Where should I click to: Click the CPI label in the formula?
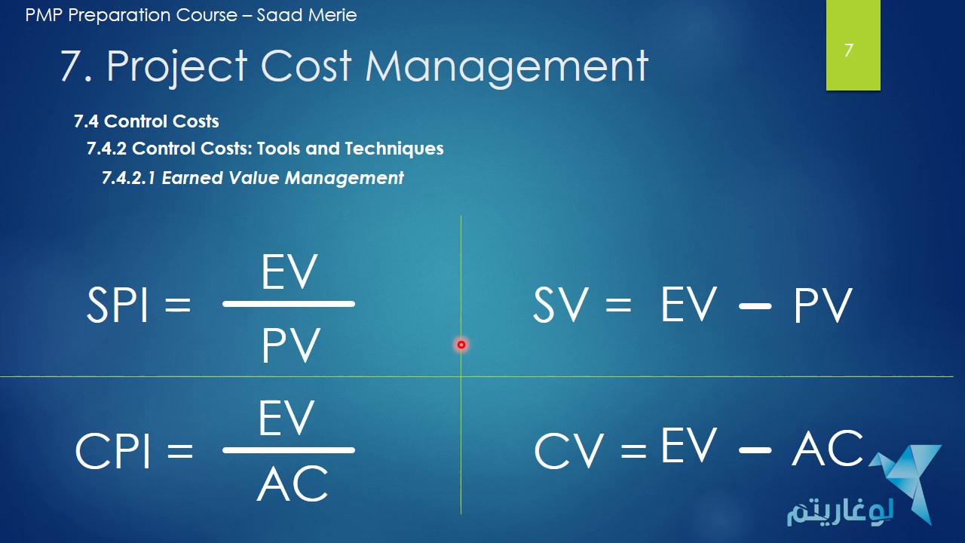pyautogui.click(x=112, y=452)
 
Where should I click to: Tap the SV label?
pyautogui.click(x=559, y=306)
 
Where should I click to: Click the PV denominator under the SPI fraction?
pyautogui.click(x=291, y=346)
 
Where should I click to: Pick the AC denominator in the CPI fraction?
pyautogui.click(x=293, y=484)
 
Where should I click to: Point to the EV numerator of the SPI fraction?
pyautogui.click(x=289, y=272)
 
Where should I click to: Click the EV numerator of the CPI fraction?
pyautogui.click(x=286, y=419)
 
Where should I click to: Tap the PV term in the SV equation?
pyautogui.click(x=823, y=306)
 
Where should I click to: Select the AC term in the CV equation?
pyautogui.click(x=827, y=449)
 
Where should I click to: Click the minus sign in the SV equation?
pyautogui.click(x=755, y=307)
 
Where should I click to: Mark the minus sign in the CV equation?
pyautogui.click(x=755, y=450)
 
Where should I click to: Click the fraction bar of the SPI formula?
pyautogui.click(x=289, y=304)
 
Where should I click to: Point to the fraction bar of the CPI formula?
pyautogui.click(x=289, y=450)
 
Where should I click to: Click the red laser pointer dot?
pyautogui.click(x=461, y=345)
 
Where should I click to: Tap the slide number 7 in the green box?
pyautogui.click(x=849, y=51)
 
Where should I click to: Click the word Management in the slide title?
pyautogui.click(x=507, y=66)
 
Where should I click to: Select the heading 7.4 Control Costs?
pyautogui.click(x=146, y=121)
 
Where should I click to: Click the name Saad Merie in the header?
pyautogui.click(x=307, y=14)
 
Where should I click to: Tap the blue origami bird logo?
pyautogui.click(x=908, y=479)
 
